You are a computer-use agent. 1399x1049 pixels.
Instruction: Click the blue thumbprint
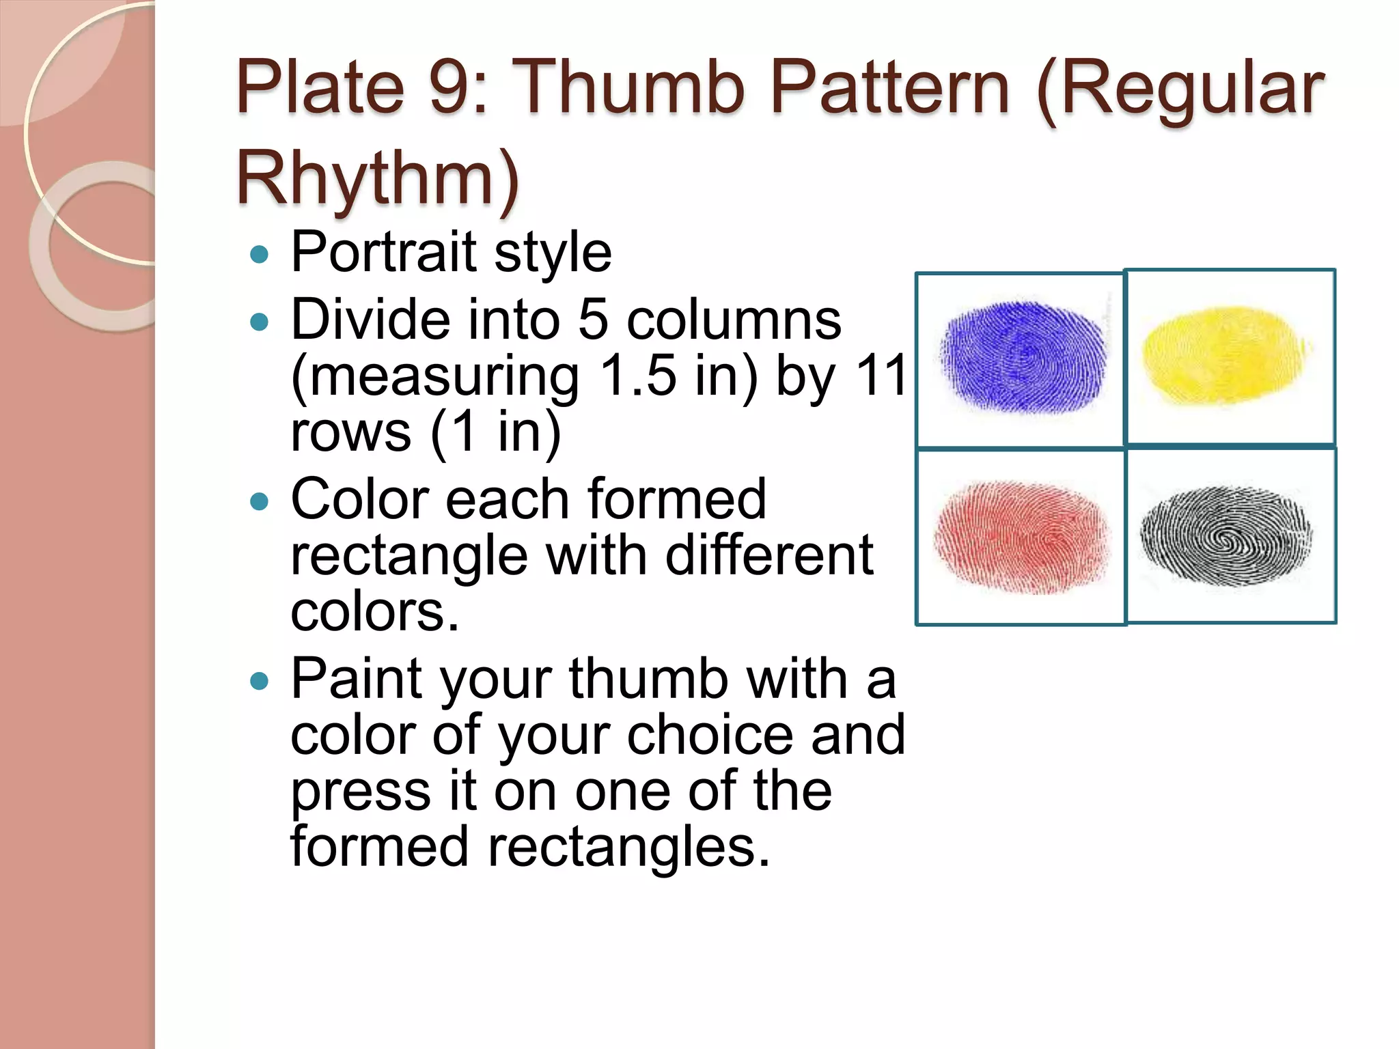tap(1023, 357)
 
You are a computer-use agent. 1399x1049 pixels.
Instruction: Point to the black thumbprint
tap(1226, 535)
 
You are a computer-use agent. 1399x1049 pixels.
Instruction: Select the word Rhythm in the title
tap(378, 178)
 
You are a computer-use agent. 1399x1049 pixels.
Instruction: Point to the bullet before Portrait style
tap(260, 255)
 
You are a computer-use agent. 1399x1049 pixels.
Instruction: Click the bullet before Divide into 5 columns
tap(260, 322)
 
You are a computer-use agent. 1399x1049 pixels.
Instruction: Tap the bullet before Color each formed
tap(260, 502)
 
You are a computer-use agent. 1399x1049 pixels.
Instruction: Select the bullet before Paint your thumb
tap(260, 681)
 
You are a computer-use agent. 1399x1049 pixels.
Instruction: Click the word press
tap(360, 792)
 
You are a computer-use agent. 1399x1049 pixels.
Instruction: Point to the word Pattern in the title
tap(889, 89)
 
